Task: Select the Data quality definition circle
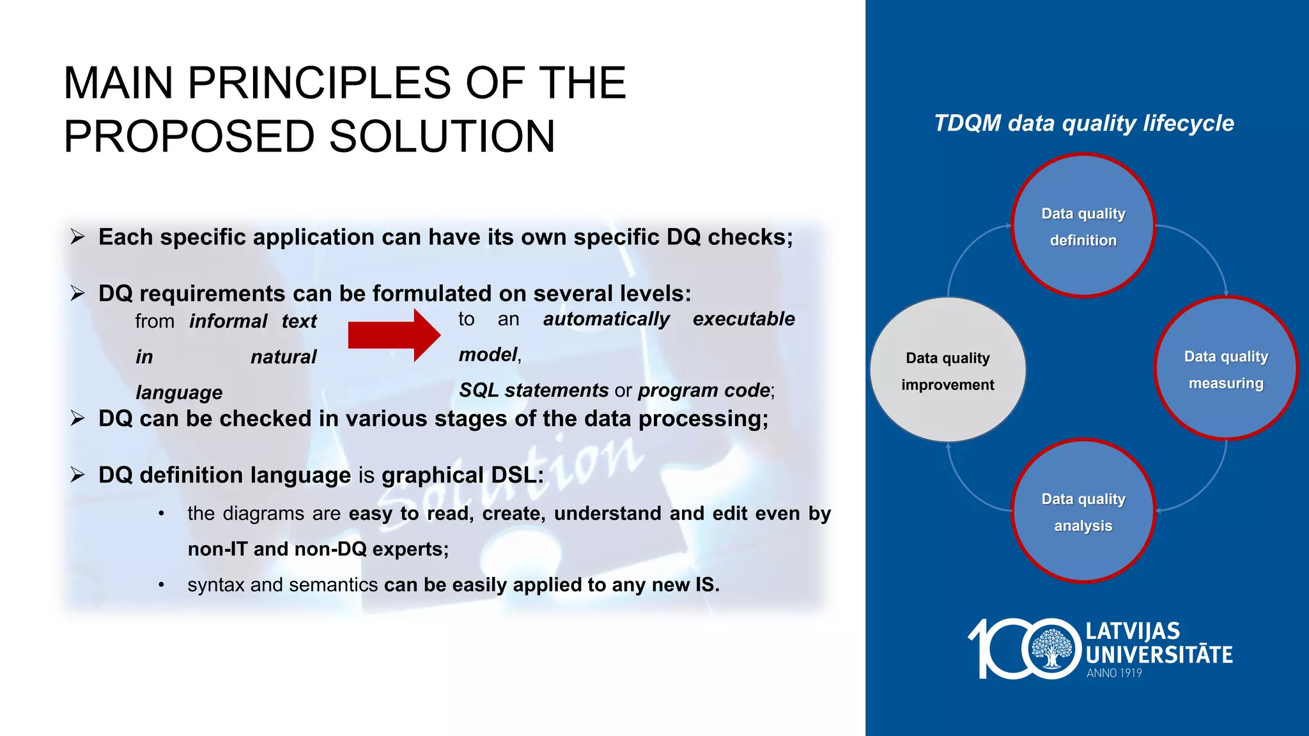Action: tap(1083, 226)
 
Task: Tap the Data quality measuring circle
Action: tap(1225, 369)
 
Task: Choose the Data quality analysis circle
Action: tap(1083, 511)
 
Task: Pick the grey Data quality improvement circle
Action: tap(948, 370)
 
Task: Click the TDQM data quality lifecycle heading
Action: tap(1083, 123)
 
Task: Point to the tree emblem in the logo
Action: tap(1051, 648)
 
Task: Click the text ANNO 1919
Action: tap(1114, 673)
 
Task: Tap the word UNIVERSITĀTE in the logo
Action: tap(1159, 655)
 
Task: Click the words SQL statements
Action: tap(534, 390)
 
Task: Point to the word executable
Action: tap(743, 319)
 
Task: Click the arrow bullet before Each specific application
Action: tap(78, 237)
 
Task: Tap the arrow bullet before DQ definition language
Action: tap(78, 475)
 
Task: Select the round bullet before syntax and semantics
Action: tap(162, 585)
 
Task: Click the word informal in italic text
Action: tap(228, 321)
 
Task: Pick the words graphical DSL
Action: tap(462, 475)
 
